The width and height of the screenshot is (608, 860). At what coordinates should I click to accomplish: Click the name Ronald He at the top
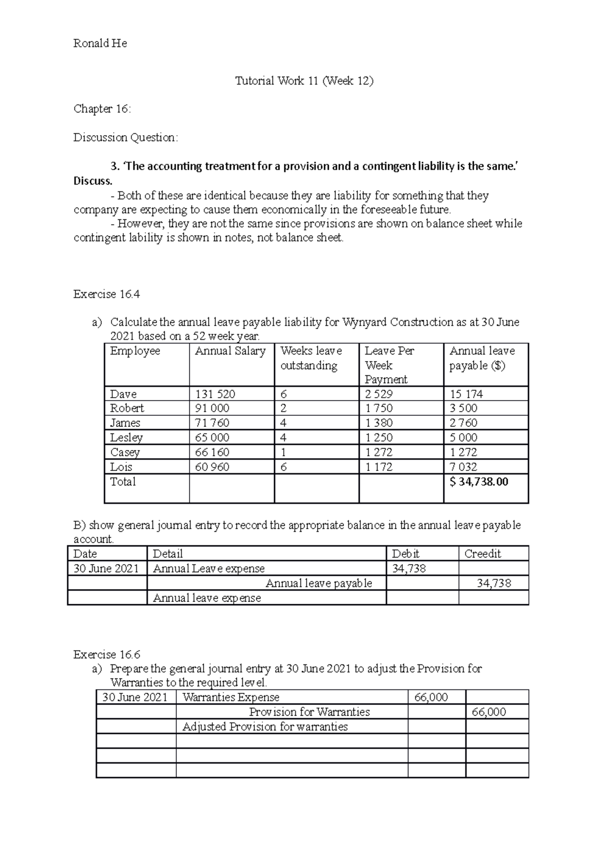pyautogui.click(x=100, y=44)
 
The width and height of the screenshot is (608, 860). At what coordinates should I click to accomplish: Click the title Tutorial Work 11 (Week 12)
pyautogui.click(x=304, y=81)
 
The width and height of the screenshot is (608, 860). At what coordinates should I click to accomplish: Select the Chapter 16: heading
pyautogui.click(x=102, y=109)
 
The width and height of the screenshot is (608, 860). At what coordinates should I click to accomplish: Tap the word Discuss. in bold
pyautogui.click(x=93, y=181)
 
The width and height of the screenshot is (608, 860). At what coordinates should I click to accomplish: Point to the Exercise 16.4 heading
pyautogui.click(x=106, y=294)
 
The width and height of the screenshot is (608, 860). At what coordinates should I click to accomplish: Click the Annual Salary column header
pyautogui.click(x=230, y=351)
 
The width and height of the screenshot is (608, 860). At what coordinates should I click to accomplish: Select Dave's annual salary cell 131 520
pyautogui.click(x=215, y=394)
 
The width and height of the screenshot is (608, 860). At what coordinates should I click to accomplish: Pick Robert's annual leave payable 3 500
pyautogui.click(x=463, y=408)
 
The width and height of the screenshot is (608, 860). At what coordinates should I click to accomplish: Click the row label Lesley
pyautogui.click(x=126, y=438)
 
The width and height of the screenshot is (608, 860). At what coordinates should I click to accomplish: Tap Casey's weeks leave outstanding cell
pyautogui.click(x=283, y=452)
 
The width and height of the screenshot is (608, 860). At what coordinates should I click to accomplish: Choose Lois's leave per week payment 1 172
pyautogui.click(x=378, y=467)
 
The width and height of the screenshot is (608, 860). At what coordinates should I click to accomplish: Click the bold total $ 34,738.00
pyautogui.click(x=478, y=482)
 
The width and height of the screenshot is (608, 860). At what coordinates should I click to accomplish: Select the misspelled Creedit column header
pyautogui.click(x=482, y=554)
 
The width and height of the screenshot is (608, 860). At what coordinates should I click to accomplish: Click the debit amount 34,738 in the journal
pyautogui.click(x=409, y=569)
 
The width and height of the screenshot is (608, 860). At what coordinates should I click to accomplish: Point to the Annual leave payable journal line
pyautogui.click(x=318, y=583)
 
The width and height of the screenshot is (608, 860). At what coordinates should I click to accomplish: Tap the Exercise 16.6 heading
pyautogui.click(x=106, y=654)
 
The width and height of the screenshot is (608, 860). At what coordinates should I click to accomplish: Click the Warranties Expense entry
pyautogui.click(x=231, y=697)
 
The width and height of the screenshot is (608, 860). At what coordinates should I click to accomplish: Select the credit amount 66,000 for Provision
pyautogui.click(x=488, y=712)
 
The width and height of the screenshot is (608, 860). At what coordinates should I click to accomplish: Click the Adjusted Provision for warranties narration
pyautogui.click(x=265, y=727)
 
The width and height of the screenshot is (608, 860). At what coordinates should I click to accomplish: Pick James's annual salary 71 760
pyautogui.click(x=212, y=423)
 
